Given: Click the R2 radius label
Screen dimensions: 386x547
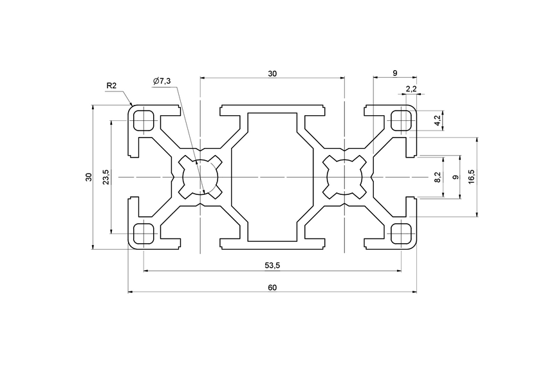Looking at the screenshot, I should (111, 86).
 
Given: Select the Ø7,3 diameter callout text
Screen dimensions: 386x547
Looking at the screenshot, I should (162, 80).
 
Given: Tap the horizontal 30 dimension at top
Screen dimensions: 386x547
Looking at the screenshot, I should (272, 74).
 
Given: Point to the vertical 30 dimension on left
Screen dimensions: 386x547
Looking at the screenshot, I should (89, 177).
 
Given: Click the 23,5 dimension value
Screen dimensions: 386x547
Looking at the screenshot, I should (106, 177).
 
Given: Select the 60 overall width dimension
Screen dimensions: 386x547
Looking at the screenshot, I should (272, 288).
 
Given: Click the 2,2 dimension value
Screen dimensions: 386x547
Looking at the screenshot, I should (412, 88).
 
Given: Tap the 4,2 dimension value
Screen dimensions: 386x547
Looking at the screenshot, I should (437, 120).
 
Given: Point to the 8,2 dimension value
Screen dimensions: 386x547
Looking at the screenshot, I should (438, 177).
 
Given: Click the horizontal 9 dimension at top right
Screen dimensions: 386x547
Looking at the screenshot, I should (394, 74).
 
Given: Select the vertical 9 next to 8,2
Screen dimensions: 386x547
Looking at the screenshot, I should (456, 177).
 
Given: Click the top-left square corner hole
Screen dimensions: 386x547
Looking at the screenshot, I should (144, 120).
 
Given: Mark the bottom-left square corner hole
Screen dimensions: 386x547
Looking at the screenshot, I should (144, 234).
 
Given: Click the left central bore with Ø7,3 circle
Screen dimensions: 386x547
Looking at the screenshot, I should (200, 177).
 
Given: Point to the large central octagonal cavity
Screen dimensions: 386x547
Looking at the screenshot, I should (272, 177).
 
